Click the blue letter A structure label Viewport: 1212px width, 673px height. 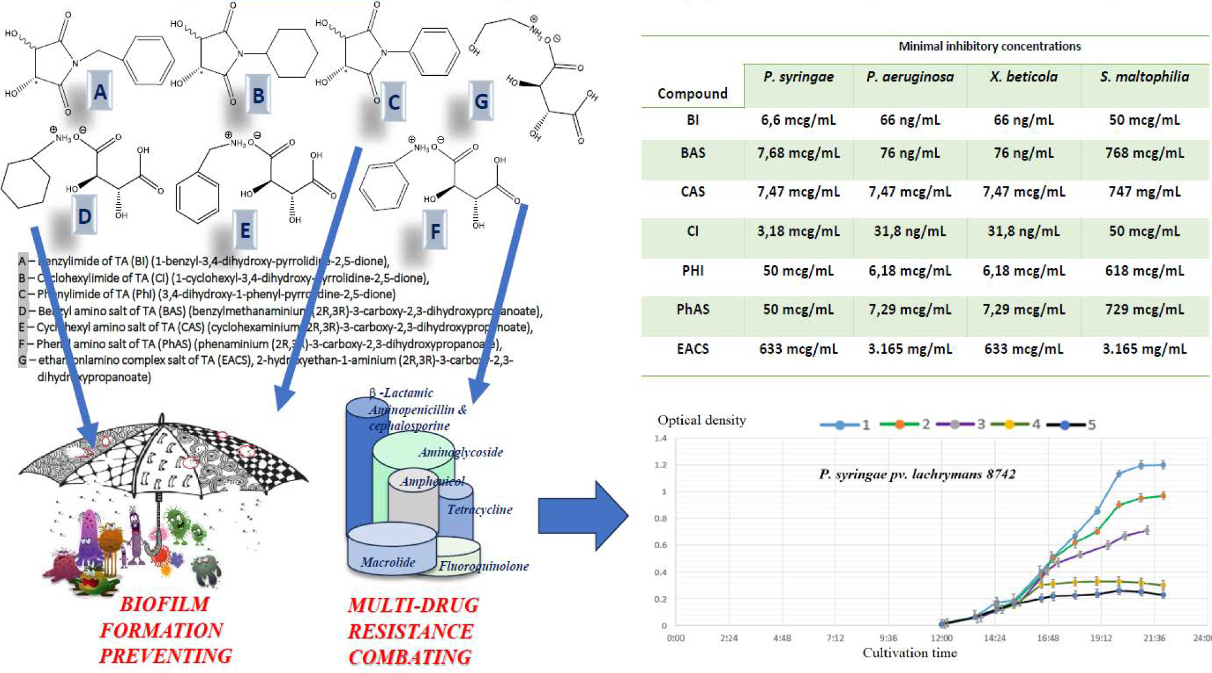click(100, 92)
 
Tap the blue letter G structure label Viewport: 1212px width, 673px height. click(481, 101)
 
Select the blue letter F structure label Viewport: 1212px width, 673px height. click(435, 231)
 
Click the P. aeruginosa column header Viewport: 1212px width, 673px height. click(909, 77)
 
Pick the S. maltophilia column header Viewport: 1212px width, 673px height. click(1144, 77)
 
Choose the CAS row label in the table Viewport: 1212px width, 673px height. click(693, 192)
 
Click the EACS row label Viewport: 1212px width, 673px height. click(693, 349)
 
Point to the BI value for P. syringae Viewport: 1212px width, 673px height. click(798, 120)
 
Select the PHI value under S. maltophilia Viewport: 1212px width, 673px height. click(1144, 271)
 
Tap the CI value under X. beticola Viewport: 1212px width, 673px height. click(1023, 232)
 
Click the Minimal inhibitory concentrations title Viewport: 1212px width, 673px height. click(989, 46)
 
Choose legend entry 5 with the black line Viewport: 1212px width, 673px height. click(1071, 425)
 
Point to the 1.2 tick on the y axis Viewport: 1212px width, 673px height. click(660, 465)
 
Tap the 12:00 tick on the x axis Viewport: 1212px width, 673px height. click(941, 638)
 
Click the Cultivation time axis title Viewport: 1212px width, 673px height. click(909, 653)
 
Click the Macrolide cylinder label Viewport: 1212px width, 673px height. click(388, 562)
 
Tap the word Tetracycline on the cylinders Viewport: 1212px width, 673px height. click(479, 509)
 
